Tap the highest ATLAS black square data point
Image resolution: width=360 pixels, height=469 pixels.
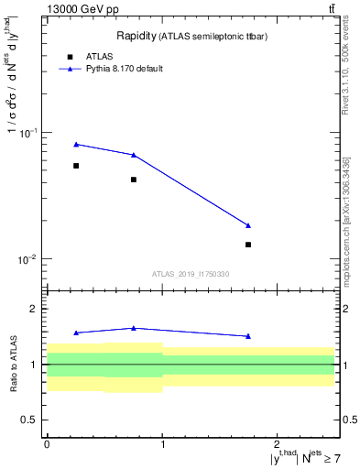(76, 166)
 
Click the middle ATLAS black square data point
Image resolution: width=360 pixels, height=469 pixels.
(134, 180)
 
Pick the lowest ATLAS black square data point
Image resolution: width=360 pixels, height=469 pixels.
(248, 245)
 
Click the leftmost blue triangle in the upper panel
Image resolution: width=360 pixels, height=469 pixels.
(76, 144)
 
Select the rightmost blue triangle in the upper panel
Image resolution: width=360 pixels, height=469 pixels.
(248, 225)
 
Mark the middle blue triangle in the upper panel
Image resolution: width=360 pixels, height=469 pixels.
(134, 155)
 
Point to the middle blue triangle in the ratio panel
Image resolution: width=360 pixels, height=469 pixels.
(134, 328)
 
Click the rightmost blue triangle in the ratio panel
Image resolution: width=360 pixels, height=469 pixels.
(248, 336)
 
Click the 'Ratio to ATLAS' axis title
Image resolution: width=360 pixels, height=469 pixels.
(12, 364)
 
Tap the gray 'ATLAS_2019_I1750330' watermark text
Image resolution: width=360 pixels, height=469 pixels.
(191, 274)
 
